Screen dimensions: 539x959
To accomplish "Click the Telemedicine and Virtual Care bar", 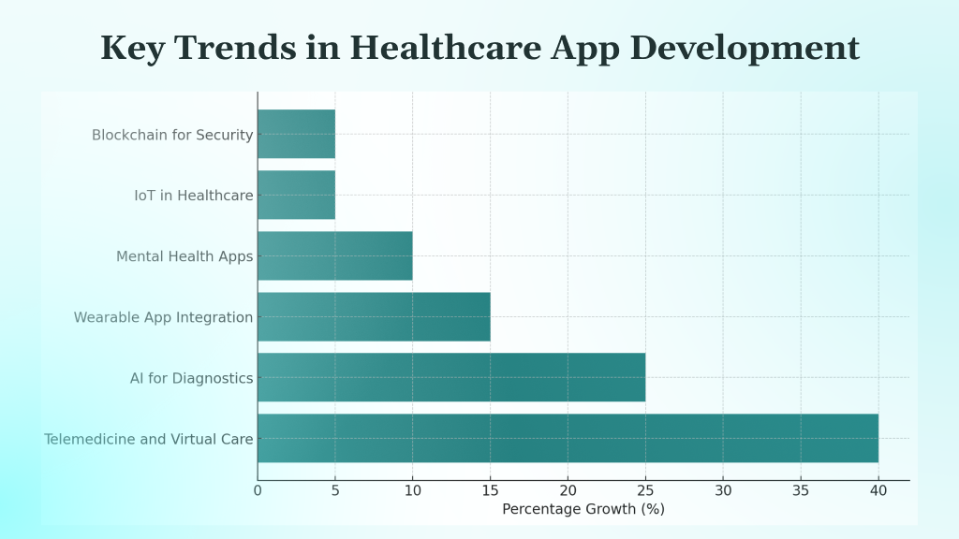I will click(x=568, y=438).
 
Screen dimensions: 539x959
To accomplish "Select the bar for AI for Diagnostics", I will click(x=451, y=377).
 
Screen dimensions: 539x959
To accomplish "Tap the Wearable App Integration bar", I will click(x=374, y=316).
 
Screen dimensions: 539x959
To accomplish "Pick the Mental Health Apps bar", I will click(x=334, y=255).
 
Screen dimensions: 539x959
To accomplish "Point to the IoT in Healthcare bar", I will click(x=296, y=195).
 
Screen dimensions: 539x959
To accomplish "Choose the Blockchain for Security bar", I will click(x=296, y=134).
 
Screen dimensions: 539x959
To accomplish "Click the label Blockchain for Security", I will click(x=172, y=135).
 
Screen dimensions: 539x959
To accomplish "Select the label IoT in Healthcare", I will click(x=194, y=196).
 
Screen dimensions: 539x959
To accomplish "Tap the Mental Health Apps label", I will click(x=184, y=256).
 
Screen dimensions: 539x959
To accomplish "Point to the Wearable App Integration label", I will click(x=164, y=317).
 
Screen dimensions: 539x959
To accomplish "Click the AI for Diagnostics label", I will click(x=192, y=378).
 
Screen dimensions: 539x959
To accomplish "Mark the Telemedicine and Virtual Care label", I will click(x=149, y=439).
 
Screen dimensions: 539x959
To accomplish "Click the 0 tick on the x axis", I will click(x=258, y=489).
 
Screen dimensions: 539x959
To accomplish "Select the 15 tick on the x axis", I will click(x=490, y=489).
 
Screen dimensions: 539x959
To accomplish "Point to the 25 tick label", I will click(x=645, y=489).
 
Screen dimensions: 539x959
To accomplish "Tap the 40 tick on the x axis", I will click(x=878, y=489).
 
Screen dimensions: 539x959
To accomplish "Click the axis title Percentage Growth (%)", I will click(x=583, y=509).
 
